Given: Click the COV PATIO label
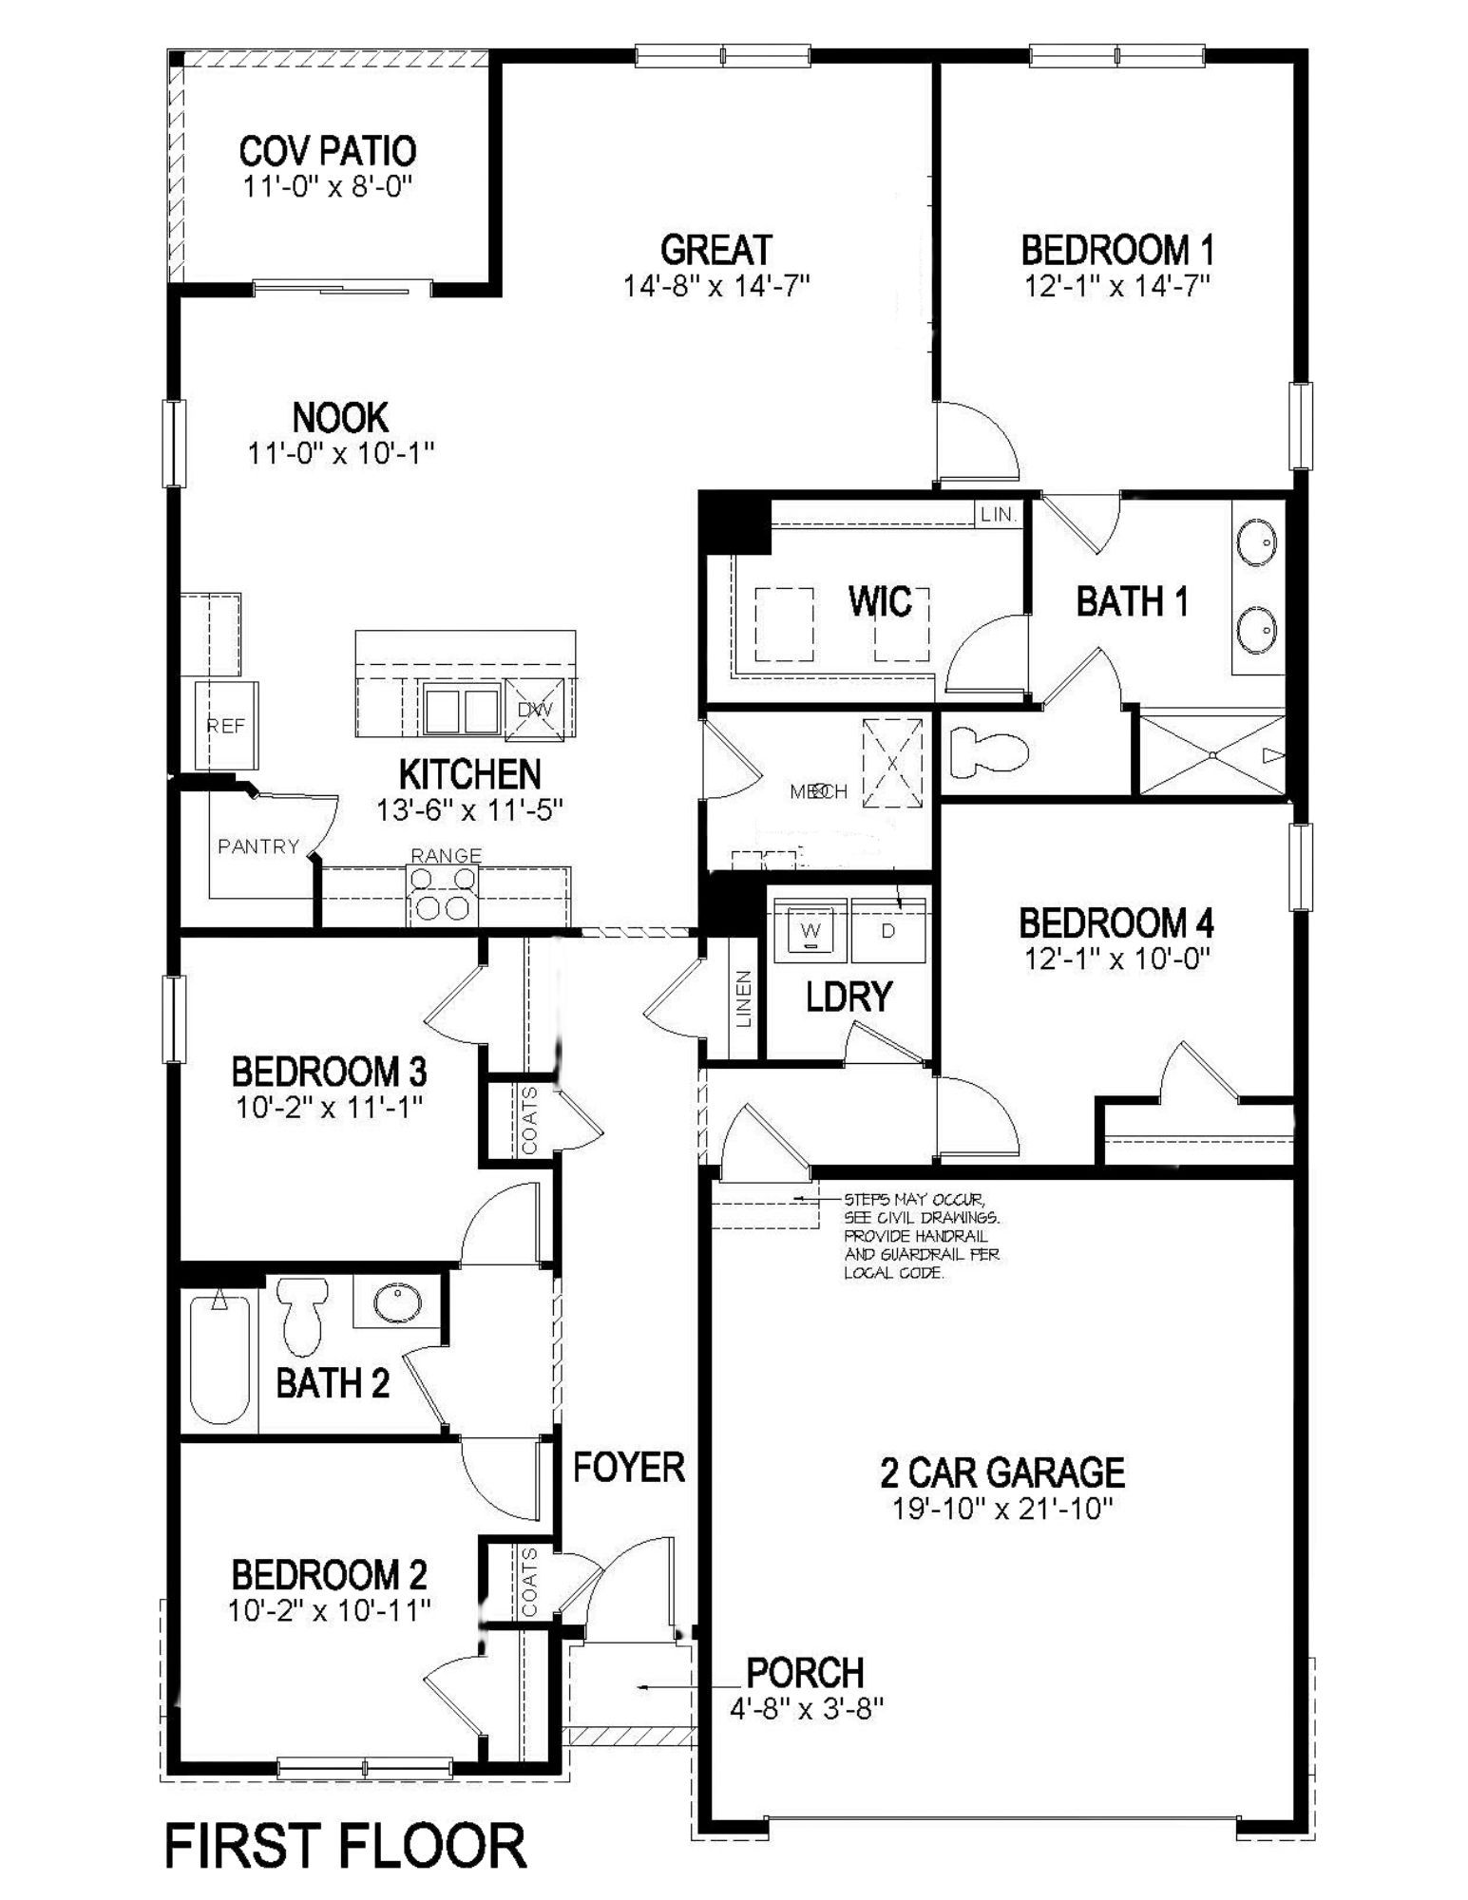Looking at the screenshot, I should [327, 151].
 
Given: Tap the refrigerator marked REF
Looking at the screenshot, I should [226, 726].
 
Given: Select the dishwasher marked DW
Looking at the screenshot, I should [534, 709].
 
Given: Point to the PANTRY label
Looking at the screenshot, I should [258, 845].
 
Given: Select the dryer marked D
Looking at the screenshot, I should [888, 929].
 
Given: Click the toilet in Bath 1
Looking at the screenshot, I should [989, 750].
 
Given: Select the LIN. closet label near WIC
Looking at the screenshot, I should [999, 515].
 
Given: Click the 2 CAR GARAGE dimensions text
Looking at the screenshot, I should [1002, 1509].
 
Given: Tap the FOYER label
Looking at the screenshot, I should [629, 1467].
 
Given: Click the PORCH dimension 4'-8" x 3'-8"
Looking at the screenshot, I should [807, 1708].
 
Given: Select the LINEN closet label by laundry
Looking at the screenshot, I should [744, 997].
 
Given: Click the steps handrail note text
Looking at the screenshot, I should [921, 1235].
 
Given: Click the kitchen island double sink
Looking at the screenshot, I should [462, 709].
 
